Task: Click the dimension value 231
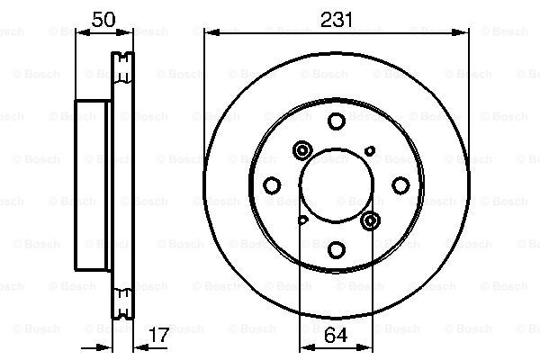click(x=336, y=19)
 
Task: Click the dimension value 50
click(x=103, y=19)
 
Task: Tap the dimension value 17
click(x=159, y=335)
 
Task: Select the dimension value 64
click(x=336, y=335)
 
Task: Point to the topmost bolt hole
click(x=337, y=121)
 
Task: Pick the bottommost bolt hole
click(x=337, y=250)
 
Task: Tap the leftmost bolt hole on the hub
click(x=272, y=185)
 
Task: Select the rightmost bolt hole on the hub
click(x=400, y=185)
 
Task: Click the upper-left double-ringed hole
click(x=302, y=150)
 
